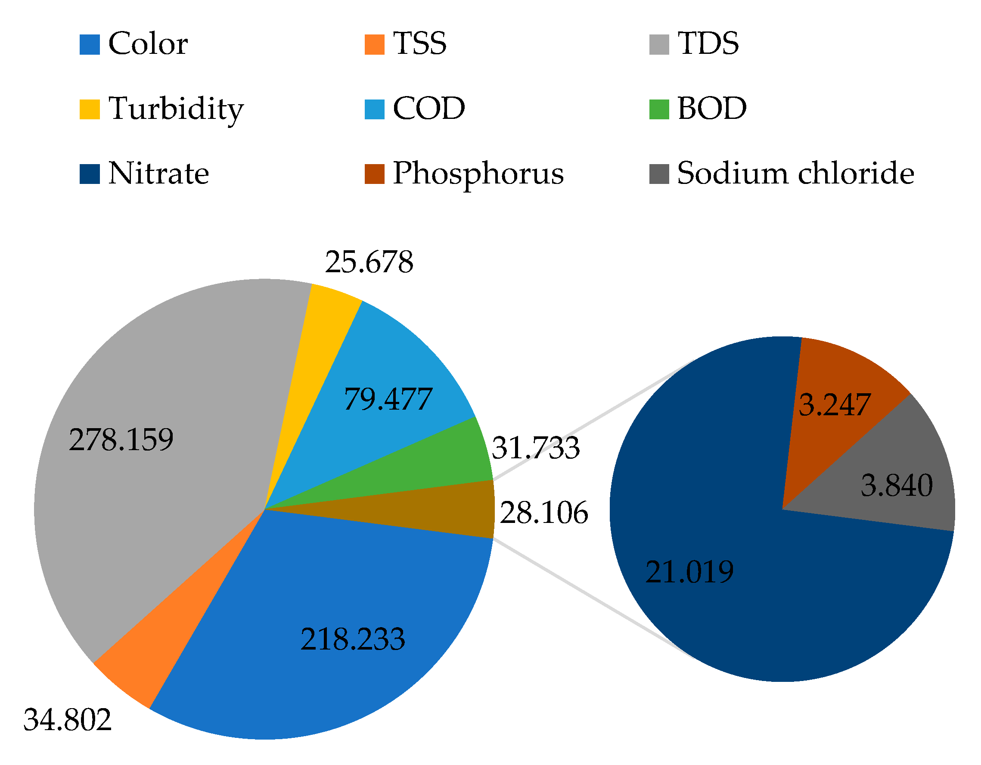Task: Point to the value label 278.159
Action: point(121,440)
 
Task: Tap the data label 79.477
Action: point(388,399)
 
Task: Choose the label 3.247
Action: point(835,405)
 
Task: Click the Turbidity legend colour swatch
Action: point(90,109)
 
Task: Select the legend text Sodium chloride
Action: point(795,174)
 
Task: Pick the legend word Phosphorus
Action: point(478,174)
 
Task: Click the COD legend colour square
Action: point(374,109)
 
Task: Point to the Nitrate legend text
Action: point(158,174)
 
